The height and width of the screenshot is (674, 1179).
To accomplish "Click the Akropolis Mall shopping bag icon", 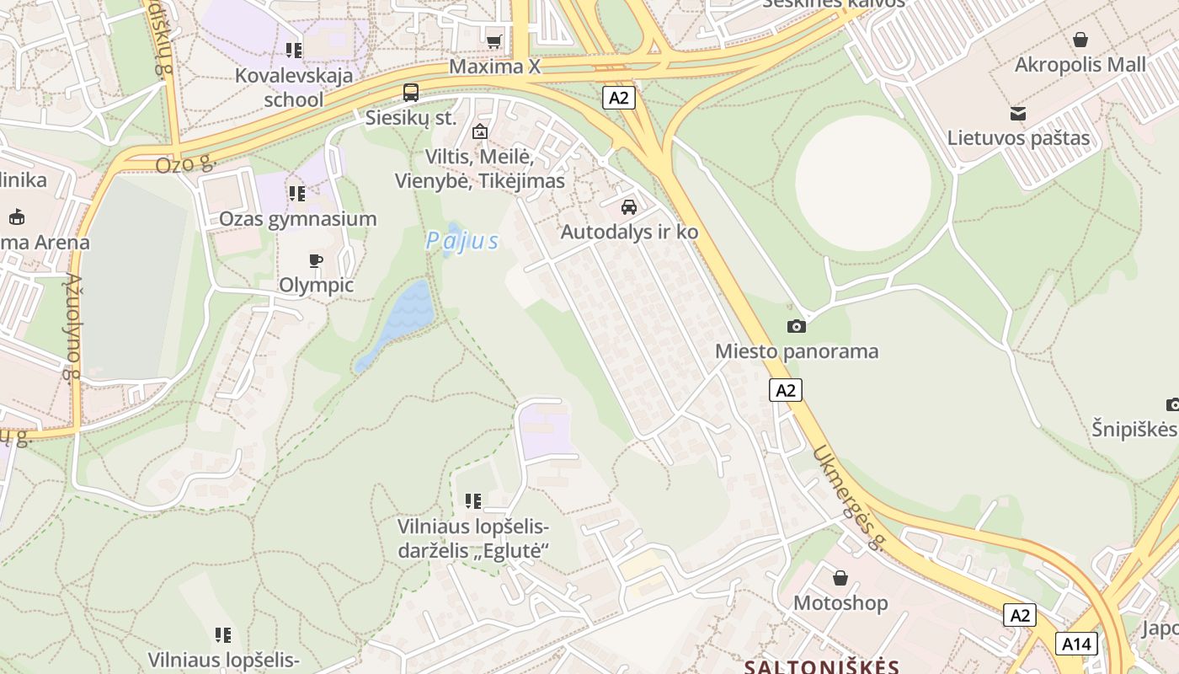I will tap(1080, 40).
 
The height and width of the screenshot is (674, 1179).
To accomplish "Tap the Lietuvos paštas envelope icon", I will tap(1018, 114).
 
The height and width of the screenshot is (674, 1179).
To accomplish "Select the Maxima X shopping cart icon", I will tap(494, 40).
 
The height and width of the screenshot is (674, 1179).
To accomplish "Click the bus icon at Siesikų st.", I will tap(411, 93).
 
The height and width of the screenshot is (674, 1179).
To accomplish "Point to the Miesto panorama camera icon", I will tap(796, 326).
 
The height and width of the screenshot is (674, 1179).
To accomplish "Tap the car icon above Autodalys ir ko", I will tap(628, 206).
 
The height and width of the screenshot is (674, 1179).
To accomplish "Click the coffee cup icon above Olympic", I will tap(316, 260).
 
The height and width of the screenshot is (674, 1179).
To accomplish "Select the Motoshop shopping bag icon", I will tap(840, 578).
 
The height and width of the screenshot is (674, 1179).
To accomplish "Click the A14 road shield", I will tap(1076, 645).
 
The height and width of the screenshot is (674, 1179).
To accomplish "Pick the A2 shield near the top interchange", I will tap(618, 98).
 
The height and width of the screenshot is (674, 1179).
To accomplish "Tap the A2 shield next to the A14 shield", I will tap(1020, 615).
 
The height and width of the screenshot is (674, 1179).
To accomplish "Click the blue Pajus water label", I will tap(462, 242).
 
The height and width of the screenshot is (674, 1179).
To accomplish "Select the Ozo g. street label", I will tap(186, 163).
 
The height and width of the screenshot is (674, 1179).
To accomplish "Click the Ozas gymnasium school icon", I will tap(297, 194).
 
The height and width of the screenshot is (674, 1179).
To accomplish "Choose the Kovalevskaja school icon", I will tap(294, 51).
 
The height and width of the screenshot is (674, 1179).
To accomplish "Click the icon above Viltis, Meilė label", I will tap(480, 131).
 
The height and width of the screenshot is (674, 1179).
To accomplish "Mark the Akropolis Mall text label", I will tap(1080, 65).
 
